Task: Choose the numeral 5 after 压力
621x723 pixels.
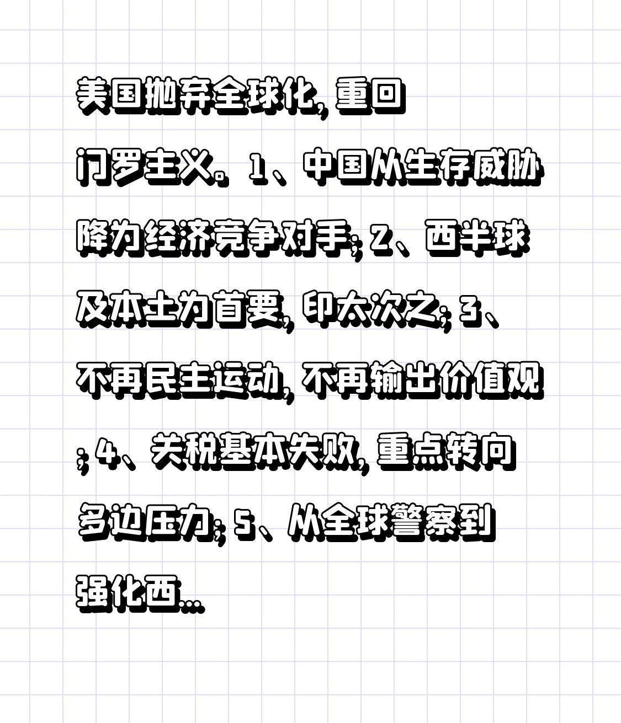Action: coord(242,522)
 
